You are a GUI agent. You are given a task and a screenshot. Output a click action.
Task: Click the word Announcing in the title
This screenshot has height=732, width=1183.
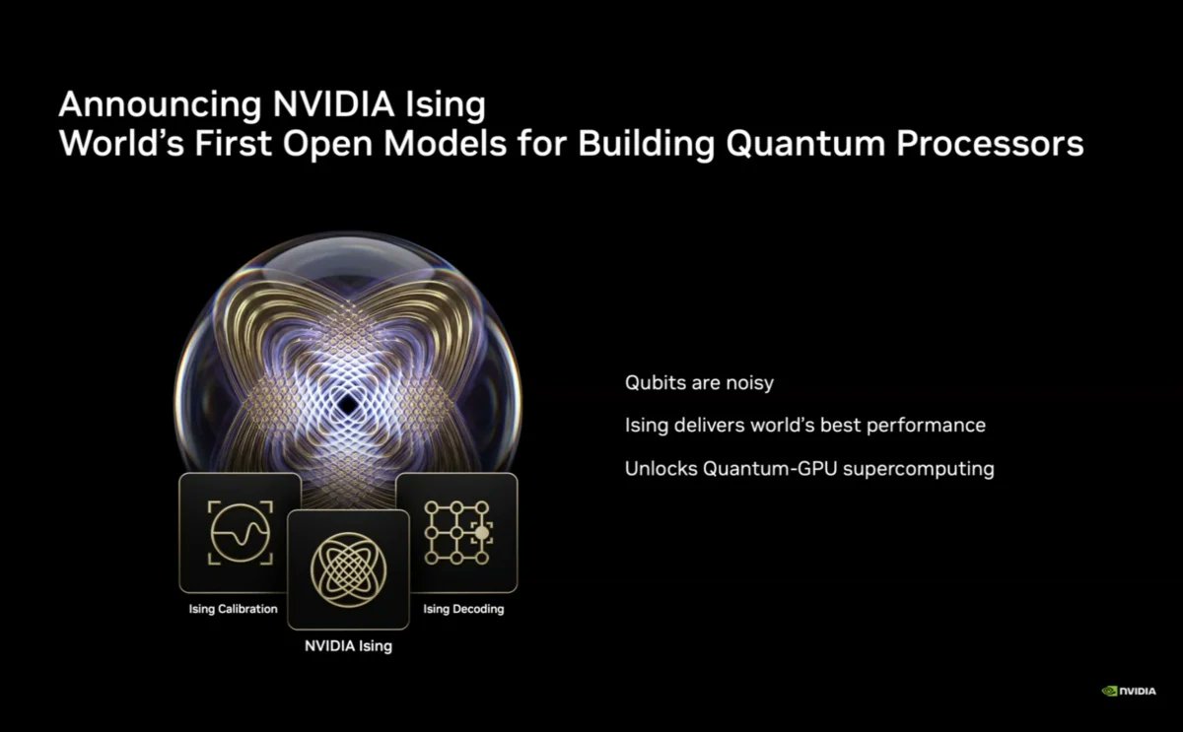tap(149, 104)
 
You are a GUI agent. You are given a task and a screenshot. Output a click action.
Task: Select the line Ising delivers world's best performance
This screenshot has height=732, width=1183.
tap(804, 426)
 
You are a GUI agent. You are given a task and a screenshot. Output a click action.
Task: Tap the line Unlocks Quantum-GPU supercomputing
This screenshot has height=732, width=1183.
tap(808, 469)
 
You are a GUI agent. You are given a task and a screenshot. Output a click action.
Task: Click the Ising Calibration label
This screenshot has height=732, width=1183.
tap(234, 609)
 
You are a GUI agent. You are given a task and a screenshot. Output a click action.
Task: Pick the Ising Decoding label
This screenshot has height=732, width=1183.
tap(463, 609)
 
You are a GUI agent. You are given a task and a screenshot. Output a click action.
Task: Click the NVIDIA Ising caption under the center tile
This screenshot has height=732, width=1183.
tap(347, 647)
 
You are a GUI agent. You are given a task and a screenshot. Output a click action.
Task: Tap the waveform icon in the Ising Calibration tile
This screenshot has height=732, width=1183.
tap(240, 532)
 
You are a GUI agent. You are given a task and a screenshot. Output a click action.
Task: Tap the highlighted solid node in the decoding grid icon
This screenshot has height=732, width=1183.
tap(481, 533)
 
